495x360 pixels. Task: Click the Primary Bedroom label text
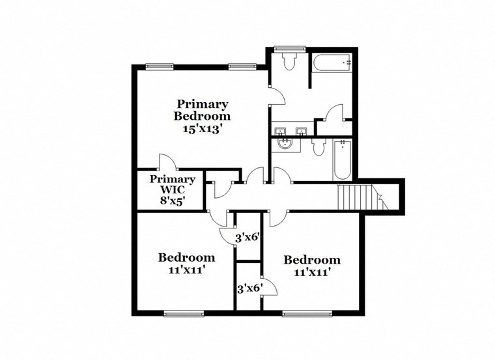point(203,110)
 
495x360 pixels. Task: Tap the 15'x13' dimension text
point(203,128)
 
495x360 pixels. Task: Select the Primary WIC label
point(173,184)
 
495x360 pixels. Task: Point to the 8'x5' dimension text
point(173,201)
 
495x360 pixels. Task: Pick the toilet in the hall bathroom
point(317,147)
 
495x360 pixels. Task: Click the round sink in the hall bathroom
point(284,144)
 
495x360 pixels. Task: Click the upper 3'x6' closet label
point(247,238)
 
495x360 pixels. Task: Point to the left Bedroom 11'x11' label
point(187,263)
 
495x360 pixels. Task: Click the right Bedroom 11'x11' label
point(311,266)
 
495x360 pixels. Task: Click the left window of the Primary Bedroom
point(159,65)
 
